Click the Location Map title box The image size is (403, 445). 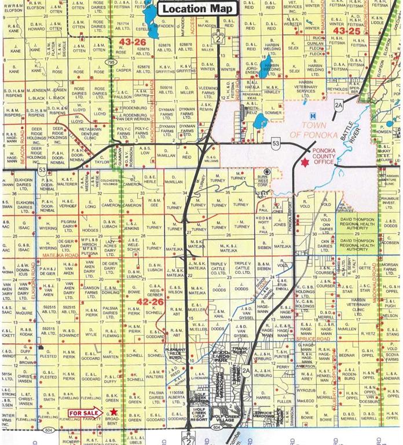197,9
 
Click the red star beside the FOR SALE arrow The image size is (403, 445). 114,412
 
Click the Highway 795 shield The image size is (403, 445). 111,61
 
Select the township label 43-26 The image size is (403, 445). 133,42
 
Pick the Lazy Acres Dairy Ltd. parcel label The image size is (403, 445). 109,246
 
